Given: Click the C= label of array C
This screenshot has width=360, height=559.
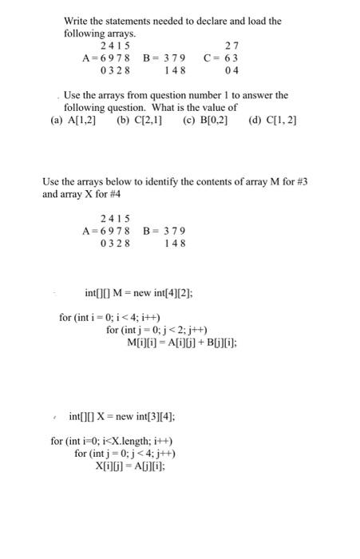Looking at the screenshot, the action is pos(212,57).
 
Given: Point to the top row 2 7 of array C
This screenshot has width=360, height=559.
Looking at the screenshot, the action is pos(232,46).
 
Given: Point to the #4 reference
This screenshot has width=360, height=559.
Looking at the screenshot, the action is pos(117,193).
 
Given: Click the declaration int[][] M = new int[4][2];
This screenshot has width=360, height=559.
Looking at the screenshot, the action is pos(139,293).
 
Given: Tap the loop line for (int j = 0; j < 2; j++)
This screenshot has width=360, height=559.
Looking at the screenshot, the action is pos(157,330).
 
